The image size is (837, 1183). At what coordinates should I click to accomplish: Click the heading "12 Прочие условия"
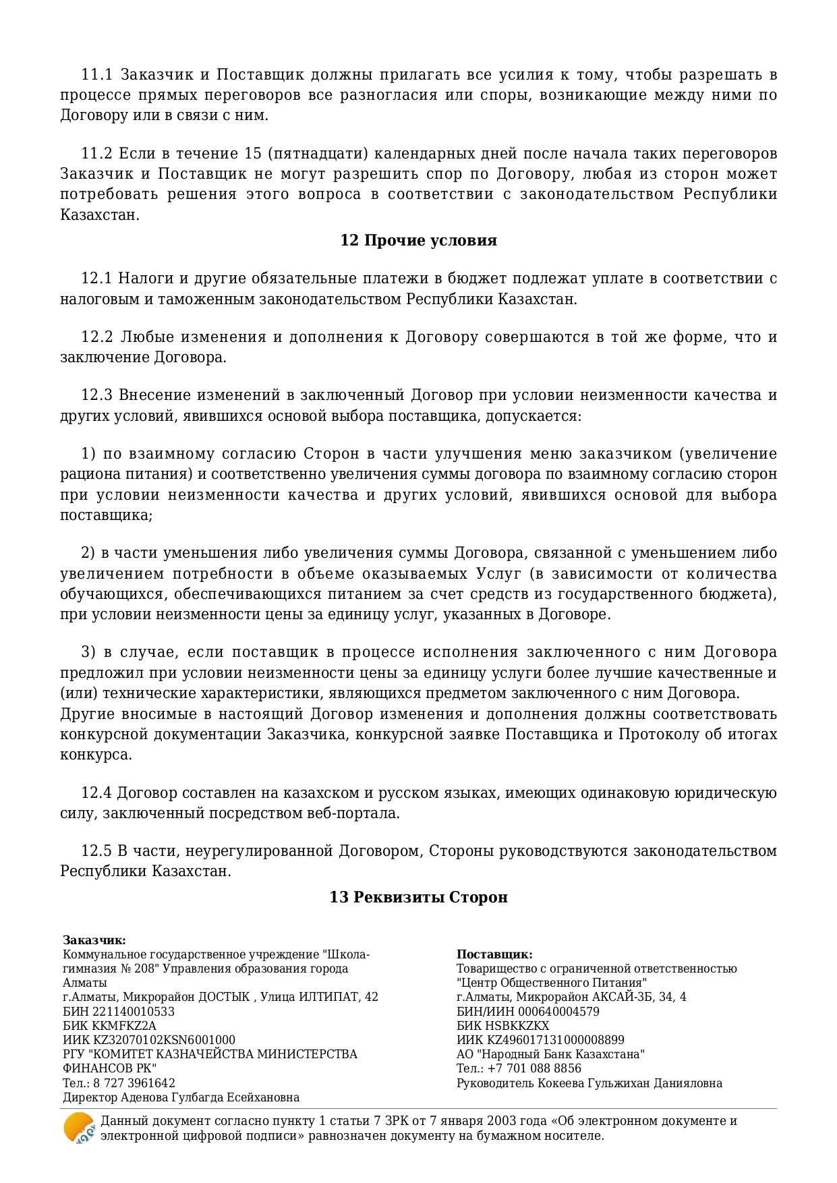[418, 241]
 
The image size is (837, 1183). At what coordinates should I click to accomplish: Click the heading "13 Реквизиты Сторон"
[418, 897]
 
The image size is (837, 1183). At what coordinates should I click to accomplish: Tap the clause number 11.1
[96, 74]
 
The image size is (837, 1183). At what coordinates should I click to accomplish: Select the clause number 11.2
[96, 154]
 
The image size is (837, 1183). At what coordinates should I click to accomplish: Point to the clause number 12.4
[96, 792]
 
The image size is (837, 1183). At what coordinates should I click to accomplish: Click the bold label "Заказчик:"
[94, 940]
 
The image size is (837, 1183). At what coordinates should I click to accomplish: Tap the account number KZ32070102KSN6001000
[158, 1040]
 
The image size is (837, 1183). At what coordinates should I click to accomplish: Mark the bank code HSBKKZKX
[516, 1026]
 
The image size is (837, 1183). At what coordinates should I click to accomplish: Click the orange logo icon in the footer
[79, 1128]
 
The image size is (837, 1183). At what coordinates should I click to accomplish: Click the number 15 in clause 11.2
[253, 154]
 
